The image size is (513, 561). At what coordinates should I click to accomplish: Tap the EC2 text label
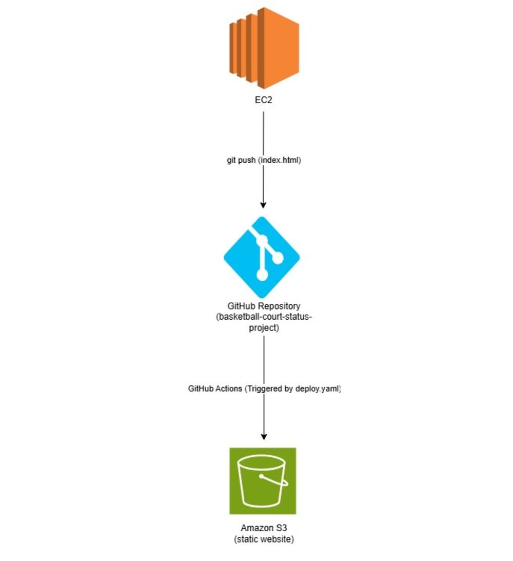pyautogui.click(x=264, y=101)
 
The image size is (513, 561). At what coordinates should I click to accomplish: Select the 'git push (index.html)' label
pyautogui.click(x=264, y=160)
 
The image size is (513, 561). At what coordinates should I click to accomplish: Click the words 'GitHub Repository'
pyautogui.click(x=264, y=306)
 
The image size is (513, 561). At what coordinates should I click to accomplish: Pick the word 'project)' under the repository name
pyautogui.click(x=264, y=327)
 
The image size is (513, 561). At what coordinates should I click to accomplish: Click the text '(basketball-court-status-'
pyautogui.click(x=264, y=317)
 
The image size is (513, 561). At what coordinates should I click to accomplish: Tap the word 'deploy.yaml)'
pyautogui.click(x=318, y=389)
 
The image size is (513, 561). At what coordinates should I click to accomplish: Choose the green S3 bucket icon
pyautogui.click(x=263, y=480)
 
